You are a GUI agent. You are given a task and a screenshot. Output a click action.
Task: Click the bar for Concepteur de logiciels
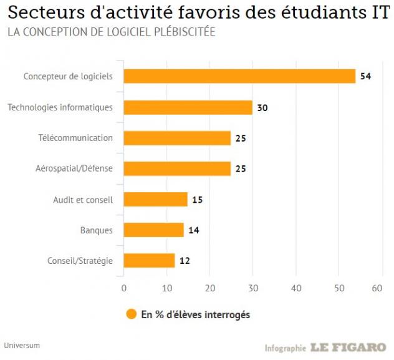(239, 76)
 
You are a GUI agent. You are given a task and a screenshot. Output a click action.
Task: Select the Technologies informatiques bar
(188, 107)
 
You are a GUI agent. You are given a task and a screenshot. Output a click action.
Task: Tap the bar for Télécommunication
(177, 138)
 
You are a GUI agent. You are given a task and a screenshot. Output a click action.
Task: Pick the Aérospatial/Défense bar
(177, 168)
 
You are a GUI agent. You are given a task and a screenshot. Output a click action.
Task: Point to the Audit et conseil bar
(155, 199)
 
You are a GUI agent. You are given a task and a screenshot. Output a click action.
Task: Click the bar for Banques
(153, 230)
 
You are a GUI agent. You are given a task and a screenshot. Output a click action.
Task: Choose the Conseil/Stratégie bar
(149, 260)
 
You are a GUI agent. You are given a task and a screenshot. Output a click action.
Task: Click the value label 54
(366, 77)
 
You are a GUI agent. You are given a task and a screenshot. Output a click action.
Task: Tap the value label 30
(262, 107)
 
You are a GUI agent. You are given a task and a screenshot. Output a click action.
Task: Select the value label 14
(194, 230)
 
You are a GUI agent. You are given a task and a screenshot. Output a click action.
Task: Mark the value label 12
(185, 261)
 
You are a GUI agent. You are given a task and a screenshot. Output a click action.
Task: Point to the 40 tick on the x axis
(295, 288)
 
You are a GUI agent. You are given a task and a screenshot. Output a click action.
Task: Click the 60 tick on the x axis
(377, 288)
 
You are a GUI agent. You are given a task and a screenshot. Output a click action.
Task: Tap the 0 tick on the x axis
(123, 288)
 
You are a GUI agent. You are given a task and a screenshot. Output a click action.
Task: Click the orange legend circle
(131, 314)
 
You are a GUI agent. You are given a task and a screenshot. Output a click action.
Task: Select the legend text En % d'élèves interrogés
(196, 315)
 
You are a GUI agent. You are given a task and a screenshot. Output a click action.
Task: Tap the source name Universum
(21, 344)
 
